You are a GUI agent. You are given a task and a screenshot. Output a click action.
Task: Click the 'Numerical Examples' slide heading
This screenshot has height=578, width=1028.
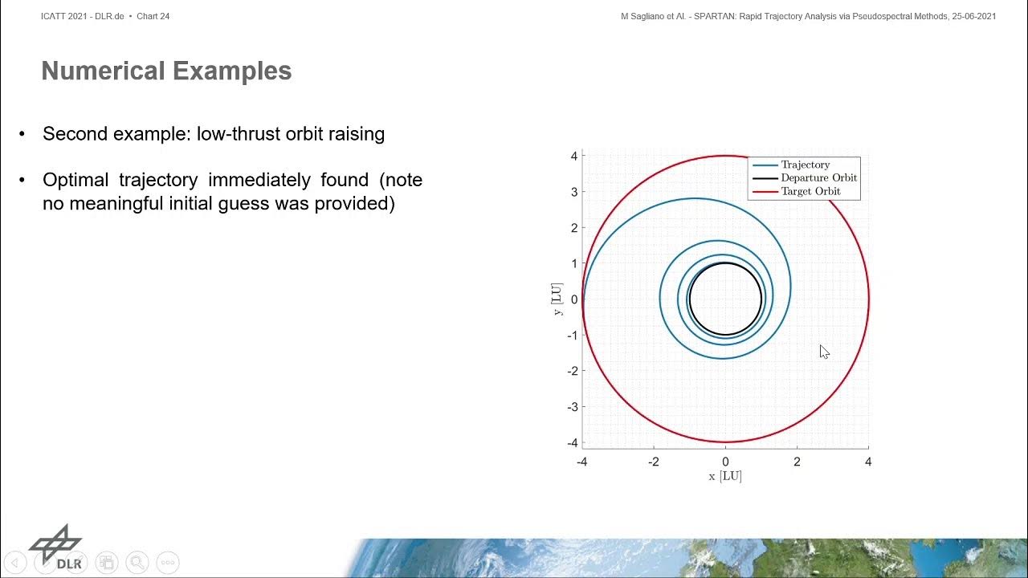pos(166,71)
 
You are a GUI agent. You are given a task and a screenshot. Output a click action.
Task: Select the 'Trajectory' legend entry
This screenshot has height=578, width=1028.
pos(805,165)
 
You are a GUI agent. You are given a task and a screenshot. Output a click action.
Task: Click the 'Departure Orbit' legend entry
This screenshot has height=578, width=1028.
pos(818,178)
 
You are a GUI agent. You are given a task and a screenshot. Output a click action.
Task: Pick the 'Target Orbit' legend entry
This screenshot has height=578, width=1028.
pos(810,192)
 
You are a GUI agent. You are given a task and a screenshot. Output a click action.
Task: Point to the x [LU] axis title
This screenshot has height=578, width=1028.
pos(724,476)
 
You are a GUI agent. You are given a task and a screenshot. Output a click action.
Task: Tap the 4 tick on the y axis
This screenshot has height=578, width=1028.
pos(574,156)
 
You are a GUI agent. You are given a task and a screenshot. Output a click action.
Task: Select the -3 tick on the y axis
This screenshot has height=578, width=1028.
pos(572,407)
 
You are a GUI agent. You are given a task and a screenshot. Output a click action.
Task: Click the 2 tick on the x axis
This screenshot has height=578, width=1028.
pos(797,462)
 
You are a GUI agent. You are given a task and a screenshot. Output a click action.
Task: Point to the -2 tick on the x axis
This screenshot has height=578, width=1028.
pos(653,462)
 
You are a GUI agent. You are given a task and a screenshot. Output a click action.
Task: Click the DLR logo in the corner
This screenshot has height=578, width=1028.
pos(57,546)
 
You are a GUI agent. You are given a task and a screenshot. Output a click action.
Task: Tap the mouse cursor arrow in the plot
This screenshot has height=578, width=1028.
pos(824,352)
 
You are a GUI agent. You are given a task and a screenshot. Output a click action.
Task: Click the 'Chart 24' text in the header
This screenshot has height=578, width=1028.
pos(153,16)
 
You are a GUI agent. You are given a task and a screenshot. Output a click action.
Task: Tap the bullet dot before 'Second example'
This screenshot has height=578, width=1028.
pos(22,134)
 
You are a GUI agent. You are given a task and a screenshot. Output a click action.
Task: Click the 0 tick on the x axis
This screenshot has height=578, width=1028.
pos(725,462)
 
